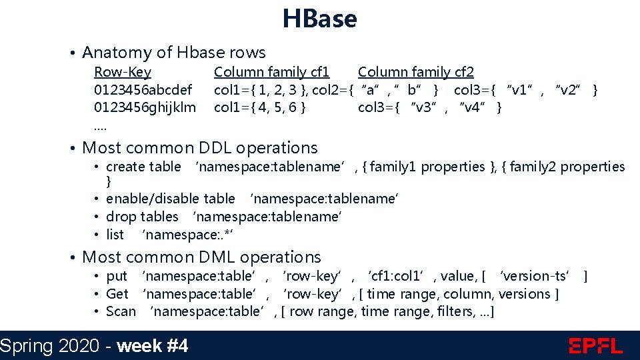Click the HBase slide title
tap(319, 19)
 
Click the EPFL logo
tap(595, 346)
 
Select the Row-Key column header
tap(123, 72)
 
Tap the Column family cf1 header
tap(271, 72)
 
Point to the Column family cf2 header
tap(416, 72)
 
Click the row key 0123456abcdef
tap(143, 89)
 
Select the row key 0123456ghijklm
tap(145, 107)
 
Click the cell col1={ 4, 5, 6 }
tap(260, 107)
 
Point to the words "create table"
tap(143, 167)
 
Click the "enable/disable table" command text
tap(171, 199)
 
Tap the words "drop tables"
tap(142, 217)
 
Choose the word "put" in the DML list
tap(117, 276)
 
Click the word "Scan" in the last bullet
tap(121, 311)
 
